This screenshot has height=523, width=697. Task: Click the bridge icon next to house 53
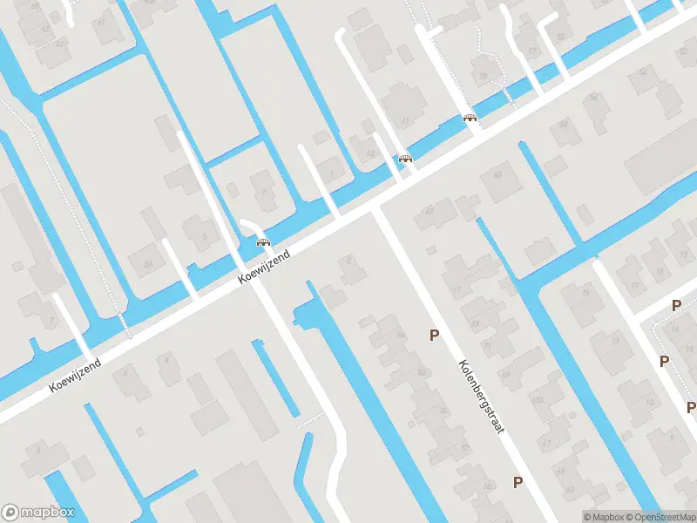coord(405,159)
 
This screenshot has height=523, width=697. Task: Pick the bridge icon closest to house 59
coord(470,118)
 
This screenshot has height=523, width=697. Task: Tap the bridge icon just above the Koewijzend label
coord(262,243)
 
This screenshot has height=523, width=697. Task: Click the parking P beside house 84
coord(433,335)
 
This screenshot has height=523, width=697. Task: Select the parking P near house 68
coord(518,482)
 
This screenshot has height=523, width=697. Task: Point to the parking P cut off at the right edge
coord(691,407)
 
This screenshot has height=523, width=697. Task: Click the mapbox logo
coord(38,513)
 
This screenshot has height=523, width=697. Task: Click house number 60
coord(497,175)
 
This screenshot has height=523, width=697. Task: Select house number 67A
coord(536,401)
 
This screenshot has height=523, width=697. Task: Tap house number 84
coord(401,335)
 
